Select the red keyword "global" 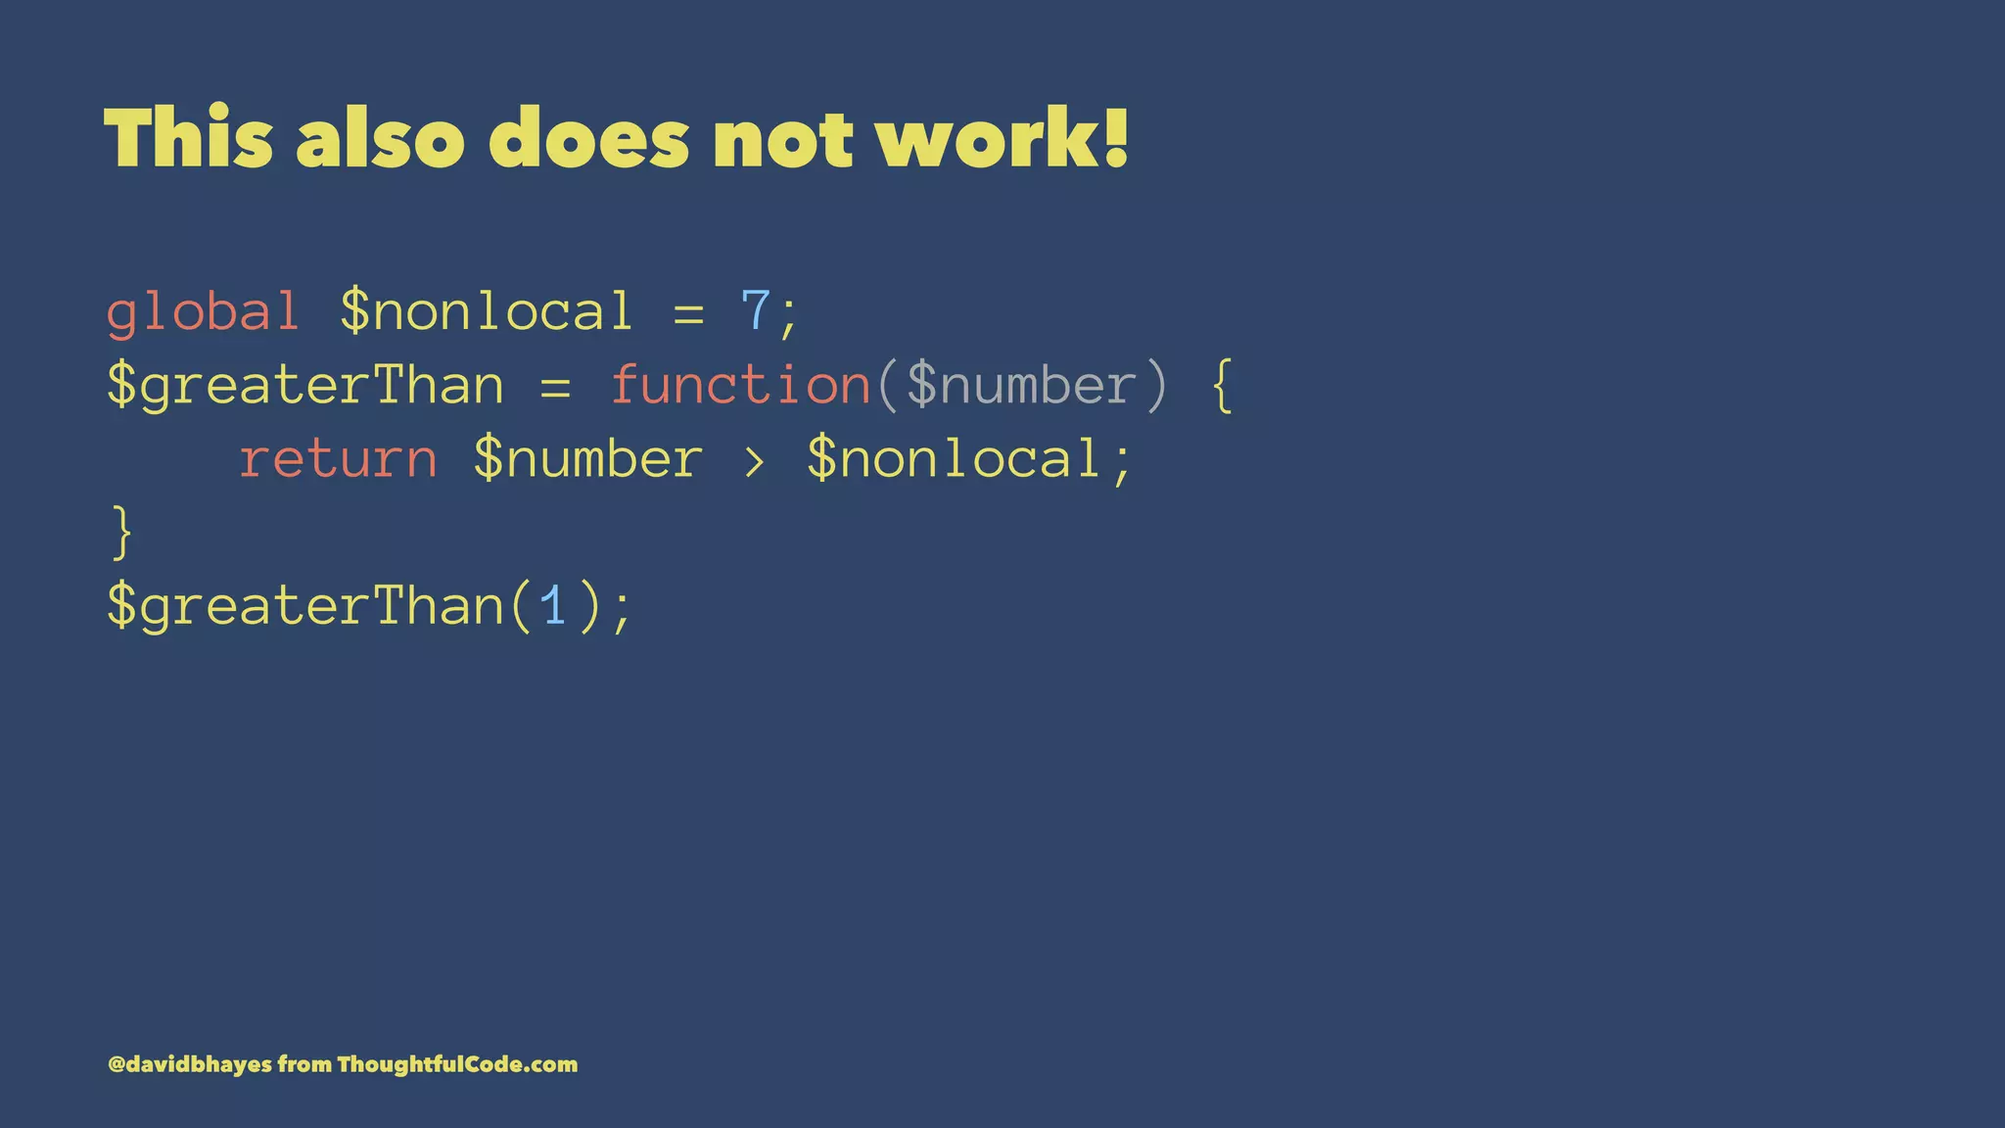tap(203, 312)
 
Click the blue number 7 tap(756, 312)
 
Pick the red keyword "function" tap(740, 385)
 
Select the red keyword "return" tap(338, 459)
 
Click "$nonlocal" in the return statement tap(956, 459)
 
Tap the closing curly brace tap(121, 533)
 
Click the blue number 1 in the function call tap(553, 606)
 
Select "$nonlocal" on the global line tap(487, 312)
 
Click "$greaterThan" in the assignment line tap(305, 386)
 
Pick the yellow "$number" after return tap(588, 459)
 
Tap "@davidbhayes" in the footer tap(190, 1064)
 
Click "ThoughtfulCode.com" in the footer tap(457, 1064)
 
